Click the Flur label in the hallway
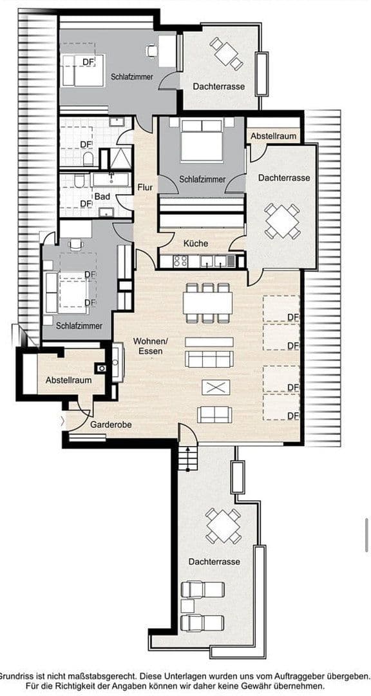[x=145, y=188]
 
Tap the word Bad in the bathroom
[x=102, y=197]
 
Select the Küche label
[x=196, y=244]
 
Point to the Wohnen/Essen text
[x=147, y=345]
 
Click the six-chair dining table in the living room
[x=207, y=302]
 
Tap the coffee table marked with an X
[x=215, y=387]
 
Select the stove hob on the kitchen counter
[x=180, y=261]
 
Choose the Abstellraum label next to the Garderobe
[x=68, y=380]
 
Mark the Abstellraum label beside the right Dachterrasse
[x=274, y=137]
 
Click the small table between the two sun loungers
[x=187, y=606]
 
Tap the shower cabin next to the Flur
[x=120, y=158]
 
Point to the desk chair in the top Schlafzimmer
[x=153, y=49]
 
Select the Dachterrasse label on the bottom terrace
[x=214, y=562]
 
